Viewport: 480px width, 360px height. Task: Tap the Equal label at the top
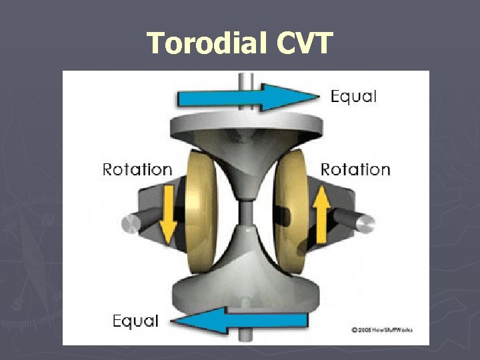click(353, 97)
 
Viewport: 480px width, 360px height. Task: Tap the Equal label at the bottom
click(135, 321)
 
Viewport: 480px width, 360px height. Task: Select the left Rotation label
click(137, 169)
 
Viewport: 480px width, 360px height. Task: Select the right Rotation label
click(355, 169)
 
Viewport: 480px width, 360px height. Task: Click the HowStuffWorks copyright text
click(381, 330)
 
